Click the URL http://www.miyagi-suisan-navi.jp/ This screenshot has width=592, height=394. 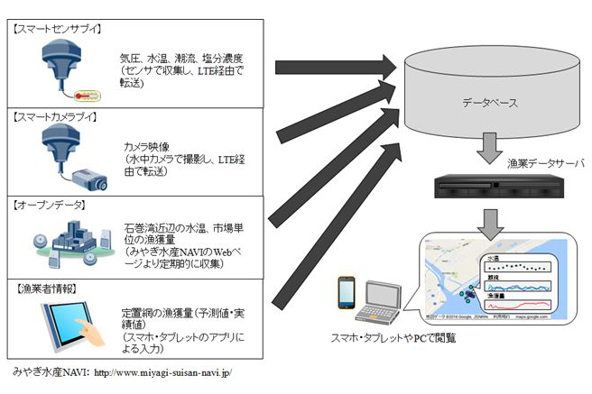pyautogui.click(x=162, y=371)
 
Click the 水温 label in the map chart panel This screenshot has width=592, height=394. pyautogui.click(x=494, y=259)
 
